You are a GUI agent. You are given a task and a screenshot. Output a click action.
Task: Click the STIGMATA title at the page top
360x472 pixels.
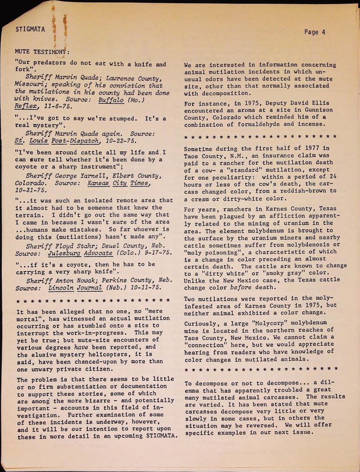coord(30,29)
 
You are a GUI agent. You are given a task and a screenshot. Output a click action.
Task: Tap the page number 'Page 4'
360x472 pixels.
coord(315,32)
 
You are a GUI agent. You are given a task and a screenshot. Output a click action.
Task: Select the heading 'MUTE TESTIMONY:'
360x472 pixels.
coord(42,51)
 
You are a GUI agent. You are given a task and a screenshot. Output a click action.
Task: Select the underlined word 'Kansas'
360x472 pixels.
coord(100,183)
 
